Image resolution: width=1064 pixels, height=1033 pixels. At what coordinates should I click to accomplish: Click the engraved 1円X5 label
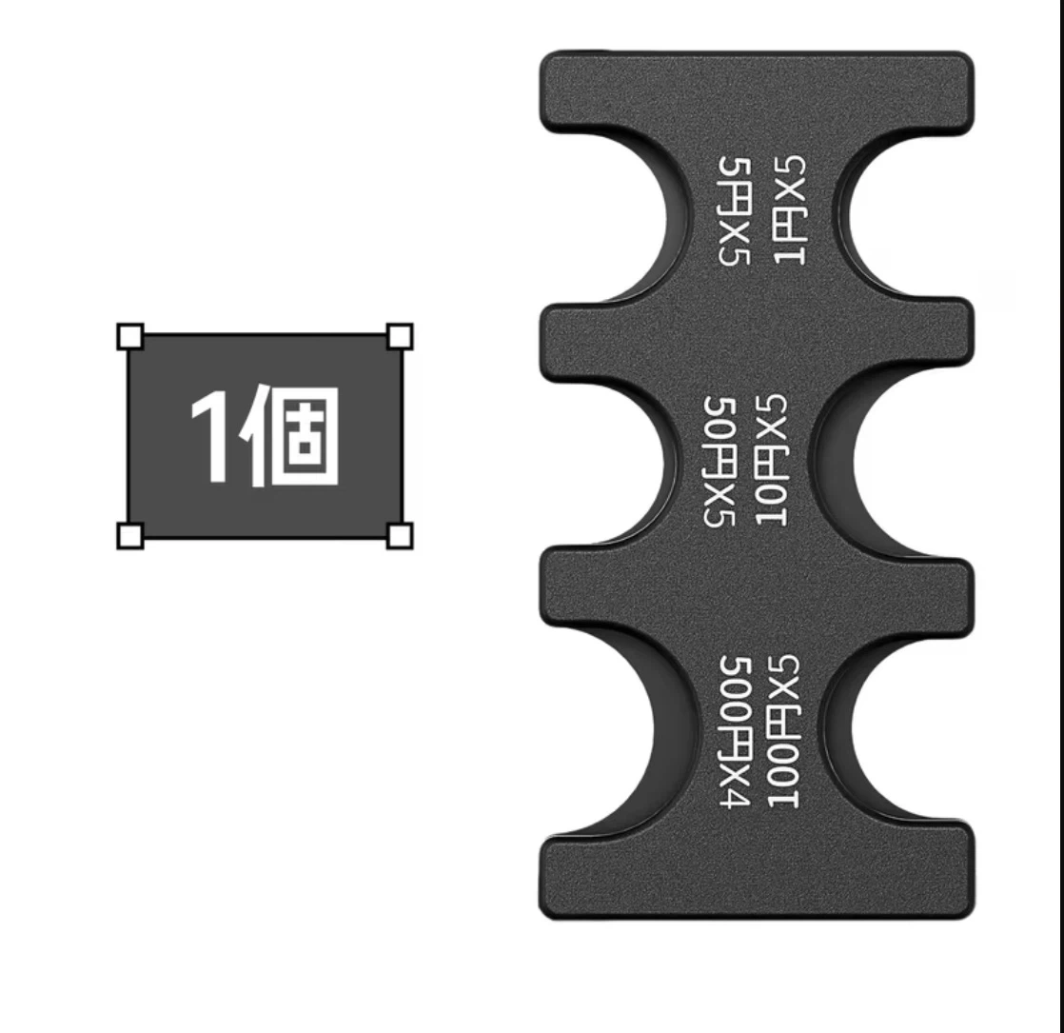click(789, 209)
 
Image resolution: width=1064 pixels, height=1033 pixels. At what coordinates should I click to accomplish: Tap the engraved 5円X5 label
click(734, 209)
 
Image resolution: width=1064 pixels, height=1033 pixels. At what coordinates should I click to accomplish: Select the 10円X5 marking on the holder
click(771, 461)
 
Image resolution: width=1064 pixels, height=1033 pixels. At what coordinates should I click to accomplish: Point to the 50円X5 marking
click(719, 461)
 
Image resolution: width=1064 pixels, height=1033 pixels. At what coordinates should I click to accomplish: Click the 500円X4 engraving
click(734, 731)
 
